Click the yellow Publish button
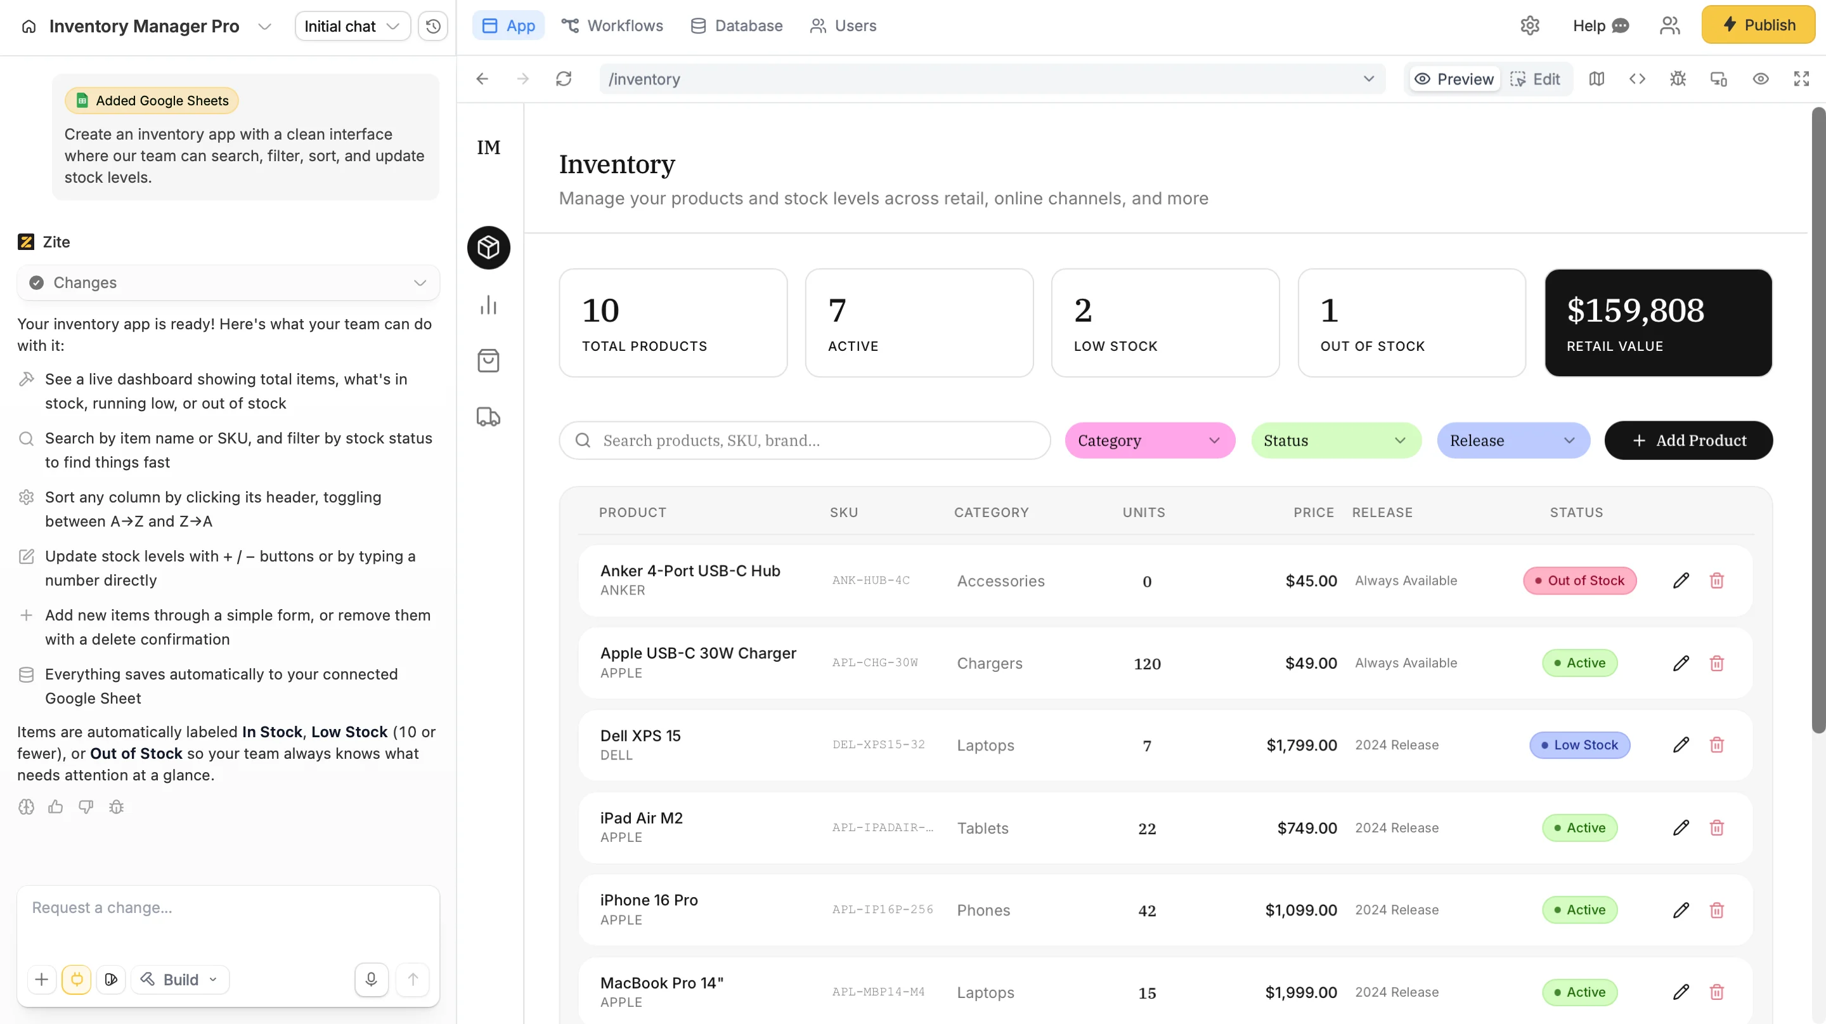tap(1758, 25)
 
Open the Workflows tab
tap(612, 25)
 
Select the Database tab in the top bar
tap(737, 25)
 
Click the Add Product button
tap(1688, 440)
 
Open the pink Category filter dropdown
tap(1149, 440)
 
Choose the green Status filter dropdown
tap(1335, 440)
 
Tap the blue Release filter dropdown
tap(1513, 440)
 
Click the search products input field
tap(805, 440)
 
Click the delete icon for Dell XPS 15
tap(1716, 745)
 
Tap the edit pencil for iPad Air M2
tap(1681, 827)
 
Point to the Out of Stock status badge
tap(1579, 581)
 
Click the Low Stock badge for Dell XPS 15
tap(1579, 745)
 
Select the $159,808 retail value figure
tap(1635, 311)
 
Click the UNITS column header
tap(1143, 513)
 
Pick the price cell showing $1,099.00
tap(1301, 910)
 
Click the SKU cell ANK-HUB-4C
tap(871, 581)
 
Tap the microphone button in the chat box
tap(371, 980)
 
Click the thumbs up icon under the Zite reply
tap(55, 807)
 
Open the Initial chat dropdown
tap(353, 26)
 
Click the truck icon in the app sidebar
tap(488, 417)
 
